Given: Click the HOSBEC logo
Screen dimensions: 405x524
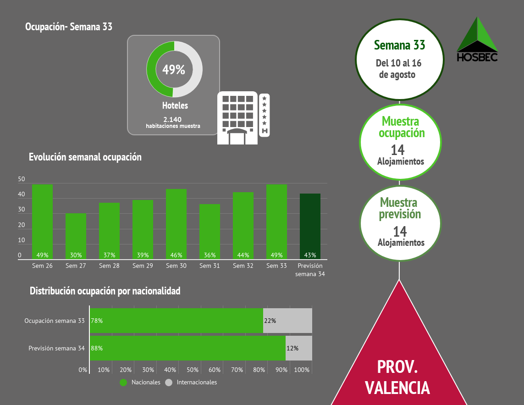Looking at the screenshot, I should coord(477,39).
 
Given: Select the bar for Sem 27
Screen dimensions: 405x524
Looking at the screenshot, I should coord(76,236).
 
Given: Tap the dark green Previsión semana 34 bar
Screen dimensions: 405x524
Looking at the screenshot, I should coord(310,227).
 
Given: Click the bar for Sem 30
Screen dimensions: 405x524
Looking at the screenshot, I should coord(176,224).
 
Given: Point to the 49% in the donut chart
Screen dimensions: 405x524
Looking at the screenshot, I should coord(174,70).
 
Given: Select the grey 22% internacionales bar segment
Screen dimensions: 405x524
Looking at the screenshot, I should coord(287,321).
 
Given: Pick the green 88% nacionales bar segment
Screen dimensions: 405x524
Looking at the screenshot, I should coord(188,348).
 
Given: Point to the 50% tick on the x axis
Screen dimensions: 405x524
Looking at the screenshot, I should coord(193,370).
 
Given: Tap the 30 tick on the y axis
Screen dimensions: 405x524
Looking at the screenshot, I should coord(22,210).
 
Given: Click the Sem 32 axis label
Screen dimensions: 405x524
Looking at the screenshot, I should coord(243,266).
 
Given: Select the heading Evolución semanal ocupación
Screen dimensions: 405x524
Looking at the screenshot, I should coord(85,157).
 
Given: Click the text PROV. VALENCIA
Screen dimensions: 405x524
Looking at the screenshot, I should coord(397,377).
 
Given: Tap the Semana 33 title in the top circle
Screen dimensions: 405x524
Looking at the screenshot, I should coord(399,45).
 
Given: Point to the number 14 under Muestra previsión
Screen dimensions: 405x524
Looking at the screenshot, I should coord(400,231).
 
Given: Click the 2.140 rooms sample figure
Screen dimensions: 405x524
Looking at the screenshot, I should coord(172,119).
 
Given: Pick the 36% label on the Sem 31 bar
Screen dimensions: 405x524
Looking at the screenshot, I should coord(210,255).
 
